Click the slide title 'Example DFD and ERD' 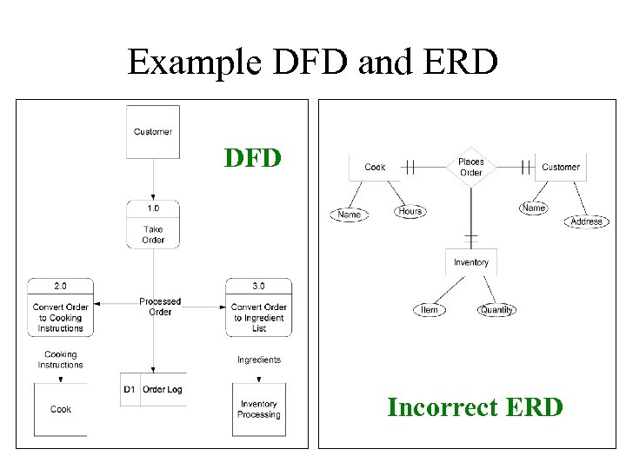pyautogui.click(x=312, y=62)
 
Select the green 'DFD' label pyautogui.click(x=252, y=158)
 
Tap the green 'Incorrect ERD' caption pyautogui.click(x=475, y=406)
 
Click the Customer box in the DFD pyautogui.click(x=153, y=132)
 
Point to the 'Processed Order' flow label pyautogui.click(x=160, y=307)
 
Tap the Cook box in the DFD pyautogui.click(x=61, y=409)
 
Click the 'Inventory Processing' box pyautogui.click(x=258, y=409)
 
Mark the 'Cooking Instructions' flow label pyautogui.click(x=60, y=360)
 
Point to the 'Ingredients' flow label pyautogui.click(x=258, y=360)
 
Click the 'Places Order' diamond pyautogui.click(x=470, y=167)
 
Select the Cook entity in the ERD pyautogui.click(x=375, y=167)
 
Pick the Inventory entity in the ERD pyautogui.click(x=470, y=262)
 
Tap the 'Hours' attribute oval pyautogui.click(x=410, y=211)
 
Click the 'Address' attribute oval pyautogui.click(x=586, y=221)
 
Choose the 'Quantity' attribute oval pyautogui.click(x=496, y=310)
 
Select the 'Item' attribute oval pyautogui.click(x=430, y=310)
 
